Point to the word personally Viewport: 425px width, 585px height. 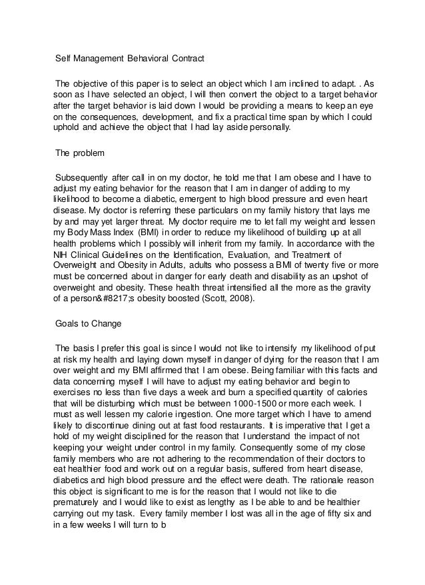click(267, 129)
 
